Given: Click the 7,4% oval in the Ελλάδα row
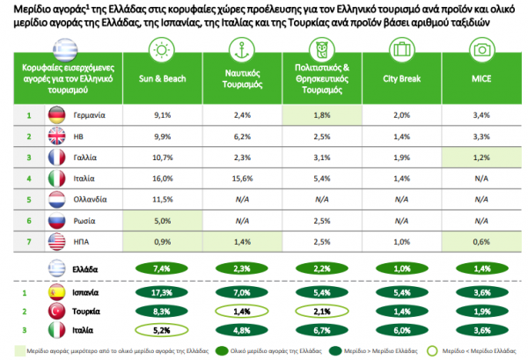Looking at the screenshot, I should [162, 268].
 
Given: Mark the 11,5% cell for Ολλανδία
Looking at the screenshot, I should [162, 200].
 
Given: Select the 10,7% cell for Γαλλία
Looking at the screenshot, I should [162, 158].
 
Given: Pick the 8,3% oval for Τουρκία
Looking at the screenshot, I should [162, 311].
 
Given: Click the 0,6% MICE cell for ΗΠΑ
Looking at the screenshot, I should [480, 242].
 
